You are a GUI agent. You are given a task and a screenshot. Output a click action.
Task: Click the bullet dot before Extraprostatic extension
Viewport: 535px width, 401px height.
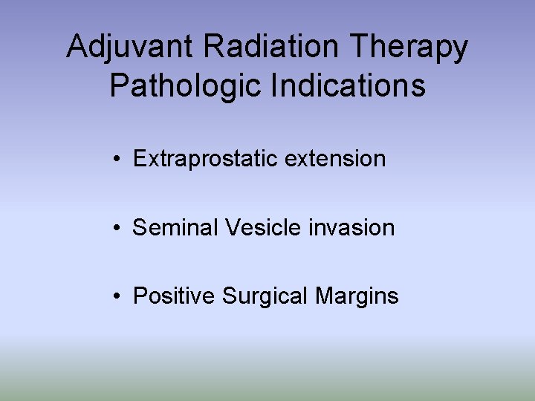click(117, 159)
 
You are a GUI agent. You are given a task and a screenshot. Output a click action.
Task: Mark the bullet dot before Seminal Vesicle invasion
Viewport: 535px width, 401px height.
click(117, 227)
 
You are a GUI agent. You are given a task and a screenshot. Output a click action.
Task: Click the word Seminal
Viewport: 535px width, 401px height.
click(174, 227)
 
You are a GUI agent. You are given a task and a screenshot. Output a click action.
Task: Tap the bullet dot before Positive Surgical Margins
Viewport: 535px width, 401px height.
click(117, 296)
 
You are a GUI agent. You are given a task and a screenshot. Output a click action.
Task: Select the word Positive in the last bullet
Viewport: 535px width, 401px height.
click(174, 296)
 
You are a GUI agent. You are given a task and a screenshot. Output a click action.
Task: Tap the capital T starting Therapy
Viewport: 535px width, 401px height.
click(359, 48)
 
